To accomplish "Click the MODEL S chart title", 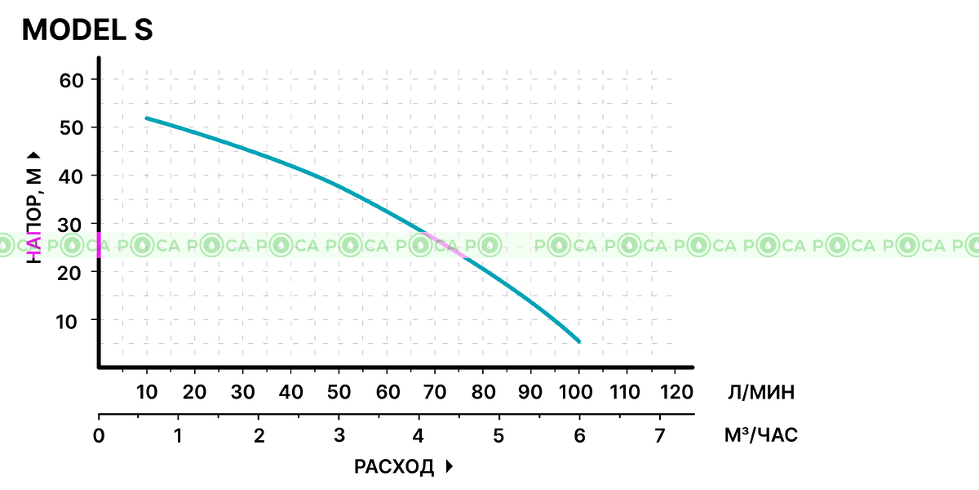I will tap(86, 30).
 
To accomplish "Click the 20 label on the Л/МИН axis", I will tap(195, 392).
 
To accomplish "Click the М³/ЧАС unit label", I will tap(761, 435).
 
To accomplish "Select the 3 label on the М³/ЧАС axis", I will tap(339, 435).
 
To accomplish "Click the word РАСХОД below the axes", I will tap(394, 467).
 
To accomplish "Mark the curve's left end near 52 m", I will tap(147, 118).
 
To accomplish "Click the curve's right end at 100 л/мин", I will tap(578, 341).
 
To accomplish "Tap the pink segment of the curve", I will tap(446, 246).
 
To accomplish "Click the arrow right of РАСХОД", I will tap(449, 467).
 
